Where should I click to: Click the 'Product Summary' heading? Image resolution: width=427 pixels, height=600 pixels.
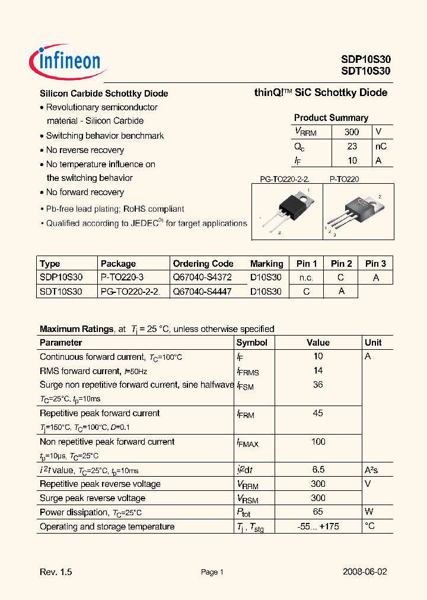(x=331, y=117)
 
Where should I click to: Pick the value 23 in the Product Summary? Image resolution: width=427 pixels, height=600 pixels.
(x=352, y=146)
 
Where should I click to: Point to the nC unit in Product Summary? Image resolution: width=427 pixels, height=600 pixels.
(x=381, y=146)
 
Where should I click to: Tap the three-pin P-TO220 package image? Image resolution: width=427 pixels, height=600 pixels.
(x=357, y=212)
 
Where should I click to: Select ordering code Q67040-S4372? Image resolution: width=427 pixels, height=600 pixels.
(x=202, y=277)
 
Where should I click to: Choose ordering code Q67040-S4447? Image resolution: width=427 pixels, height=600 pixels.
(x=202, y=292)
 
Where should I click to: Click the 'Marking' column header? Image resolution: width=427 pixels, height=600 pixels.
(x=266, y=263)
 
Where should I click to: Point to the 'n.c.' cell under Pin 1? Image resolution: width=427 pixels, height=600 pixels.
(x=307, y=277)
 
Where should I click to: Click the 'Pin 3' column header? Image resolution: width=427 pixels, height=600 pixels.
(x=375, y=263)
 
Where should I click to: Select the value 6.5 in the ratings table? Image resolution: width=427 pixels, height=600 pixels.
(x=318, y=470)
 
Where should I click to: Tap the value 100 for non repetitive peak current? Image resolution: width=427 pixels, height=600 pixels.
(x=318, y=442)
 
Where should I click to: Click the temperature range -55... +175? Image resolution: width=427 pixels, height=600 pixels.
(x=318, y=526)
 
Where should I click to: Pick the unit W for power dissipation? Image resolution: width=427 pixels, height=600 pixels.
(x=369, y=512)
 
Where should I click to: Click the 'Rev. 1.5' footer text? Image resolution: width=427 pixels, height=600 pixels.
(x=56, y=572)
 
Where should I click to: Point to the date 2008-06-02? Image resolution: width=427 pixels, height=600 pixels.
(x=365, y=572)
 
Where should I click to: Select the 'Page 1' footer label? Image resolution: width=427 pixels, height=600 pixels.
(x=212, y=572)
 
